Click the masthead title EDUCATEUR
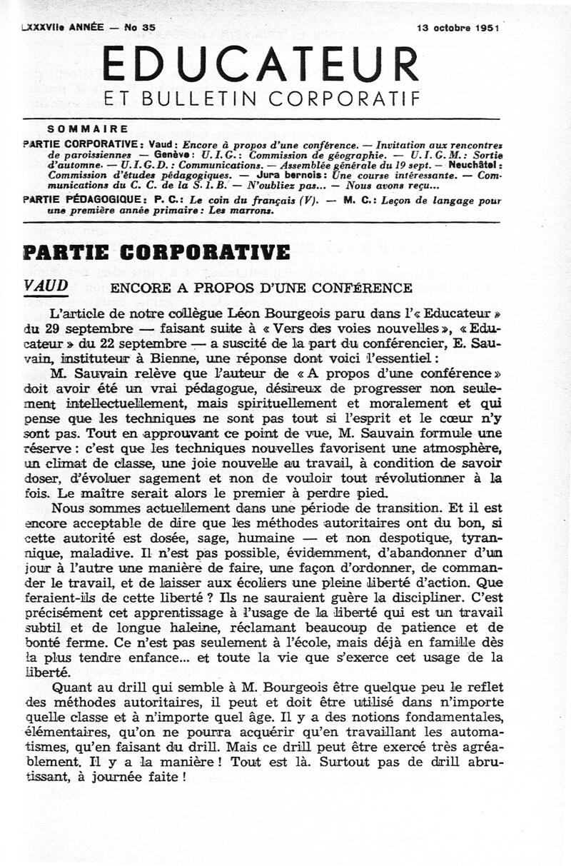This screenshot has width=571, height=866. point(261,64)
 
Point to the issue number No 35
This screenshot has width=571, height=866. point(140,28)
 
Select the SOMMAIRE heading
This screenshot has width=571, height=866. point(88,129)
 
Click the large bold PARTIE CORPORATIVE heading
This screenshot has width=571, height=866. point(156,252)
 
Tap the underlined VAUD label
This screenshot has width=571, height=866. point(46,286)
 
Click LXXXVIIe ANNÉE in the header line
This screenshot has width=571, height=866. point(63,28)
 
